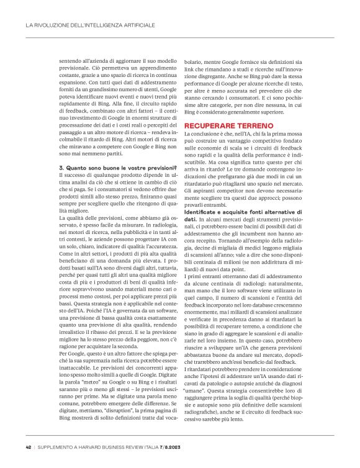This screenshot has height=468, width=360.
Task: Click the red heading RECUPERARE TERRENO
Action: point(223,143)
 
